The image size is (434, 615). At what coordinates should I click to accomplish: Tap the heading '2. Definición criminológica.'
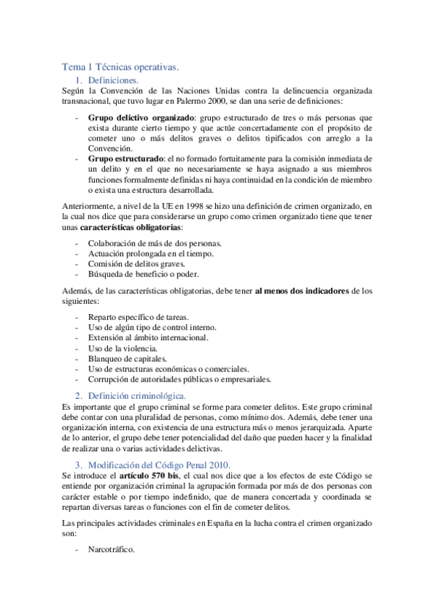tap(136, 395)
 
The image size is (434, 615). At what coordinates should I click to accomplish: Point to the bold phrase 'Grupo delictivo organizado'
tap(141, 117)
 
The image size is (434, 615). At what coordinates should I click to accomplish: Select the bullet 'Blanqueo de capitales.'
tap(128, 358)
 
